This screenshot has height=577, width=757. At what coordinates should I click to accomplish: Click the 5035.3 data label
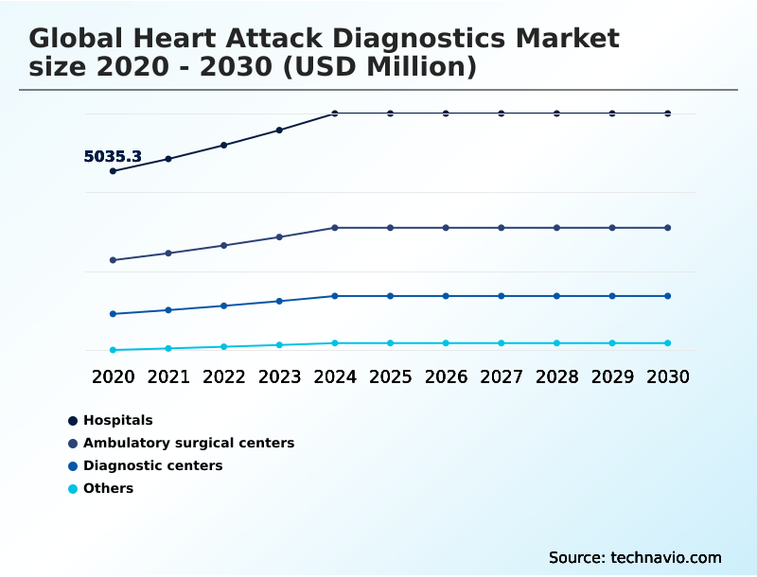113,157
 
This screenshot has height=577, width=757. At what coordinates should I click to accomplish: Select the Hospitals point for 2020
114,171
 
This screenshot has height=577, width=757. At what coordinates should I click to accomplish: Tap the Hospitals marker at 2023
279,130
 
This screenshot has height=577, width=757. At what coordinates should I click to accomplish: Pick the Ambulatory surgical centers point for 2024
335,228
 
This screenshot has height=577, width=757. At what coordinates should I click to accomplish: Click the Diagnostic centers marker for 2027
502,296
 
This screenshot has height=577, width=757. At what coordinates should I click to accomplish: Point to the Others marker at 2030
668,342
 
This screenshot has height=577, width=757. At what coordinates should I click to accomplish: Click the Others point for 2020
114,350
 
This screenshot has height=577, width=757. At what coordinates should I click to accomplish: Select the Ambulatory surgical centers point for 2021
168,253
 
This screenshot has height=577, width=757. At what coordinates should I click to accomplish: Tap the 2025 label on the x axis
390,376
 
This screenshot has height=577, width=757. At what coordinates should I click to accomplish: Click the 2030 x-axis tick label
668,376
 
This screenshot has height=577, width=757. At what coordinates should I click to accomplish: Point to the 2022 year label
223,376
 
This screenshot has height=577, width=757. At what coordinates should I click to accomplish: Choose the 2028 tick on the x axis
556,376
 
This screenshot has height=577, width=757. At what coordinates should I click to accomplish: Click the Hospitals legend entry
117,420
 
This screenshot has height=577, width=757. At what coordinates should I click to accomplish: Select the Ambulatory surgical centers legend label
188,443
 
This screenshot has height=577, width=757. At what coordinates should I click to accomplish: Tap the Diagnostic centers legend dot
73,465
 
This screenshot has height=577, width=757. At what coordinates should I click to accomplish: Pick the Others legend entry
108,488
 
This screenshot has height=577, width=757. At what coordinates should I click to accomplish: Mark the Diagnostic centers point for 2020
114,314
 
